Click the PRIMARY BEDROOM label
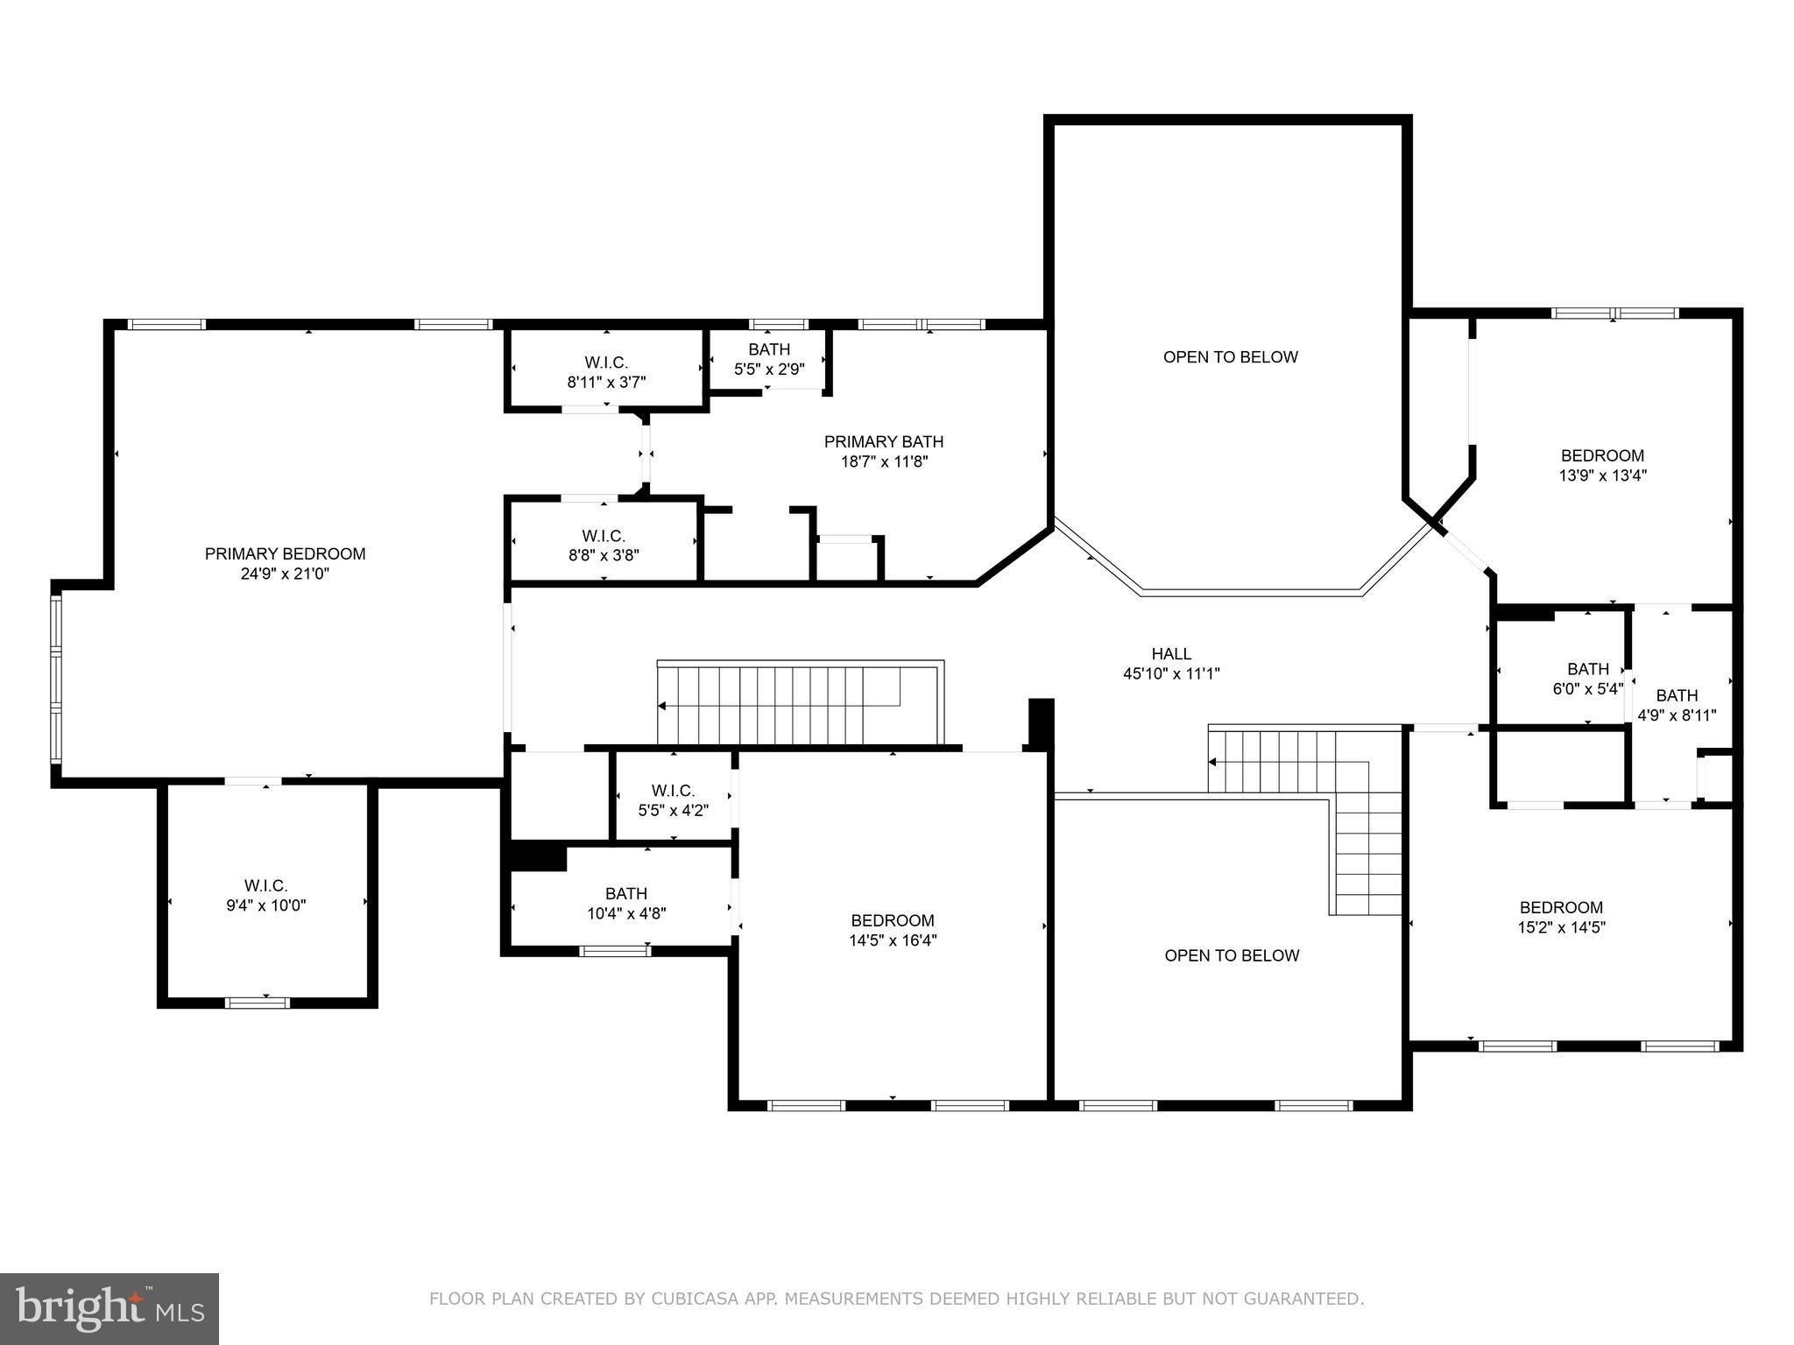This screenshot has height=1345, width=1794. click(285, 553)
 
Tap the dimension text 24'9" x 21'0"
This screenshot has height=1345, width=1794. click(285, 574)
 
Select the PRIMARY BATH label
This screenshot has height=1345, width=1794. click(883, 441)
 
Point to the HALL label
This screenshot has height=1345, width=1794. click(1171, 653)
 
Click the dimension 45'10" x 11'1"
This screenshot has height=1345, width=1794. click(1171, 673)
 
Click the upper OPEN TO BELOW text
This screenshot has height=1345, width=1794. click(1230, 356)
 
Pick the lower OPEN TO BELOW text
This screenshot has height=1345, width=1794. click(1231, 955)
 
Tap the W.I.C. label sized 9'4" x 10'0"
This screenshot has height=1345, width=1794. click(265, 885)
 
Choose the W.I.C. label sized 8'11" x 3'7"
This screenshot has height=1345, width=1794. click(606, 362)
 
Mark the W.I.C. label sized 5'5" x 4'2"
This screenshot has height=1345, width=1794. click(673, 790)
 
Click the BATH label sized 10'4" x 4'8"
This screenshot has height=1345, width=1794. click(625, 893)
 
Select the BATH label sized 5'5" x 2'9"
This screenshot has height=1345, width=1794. click(768, 349)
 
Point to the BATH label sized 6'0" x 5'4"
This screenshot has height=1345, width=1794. click(1587, 669)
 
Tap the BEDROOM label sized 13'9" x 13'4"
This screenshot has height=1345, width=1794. click(1602, 455)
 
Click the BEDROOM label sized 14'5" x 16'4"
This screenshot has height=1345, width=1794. click(892, 920)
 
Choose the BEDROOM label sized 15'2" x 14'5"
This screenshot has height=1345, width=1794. click(1561, 907)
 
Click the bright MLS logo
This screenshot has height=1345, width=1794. click(109, 1308)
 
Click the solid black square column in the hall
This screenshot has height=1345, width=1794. click(1040, 722)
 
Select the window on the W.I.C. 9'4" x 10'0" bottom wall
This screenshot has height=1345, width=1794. click(257, 1002)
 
